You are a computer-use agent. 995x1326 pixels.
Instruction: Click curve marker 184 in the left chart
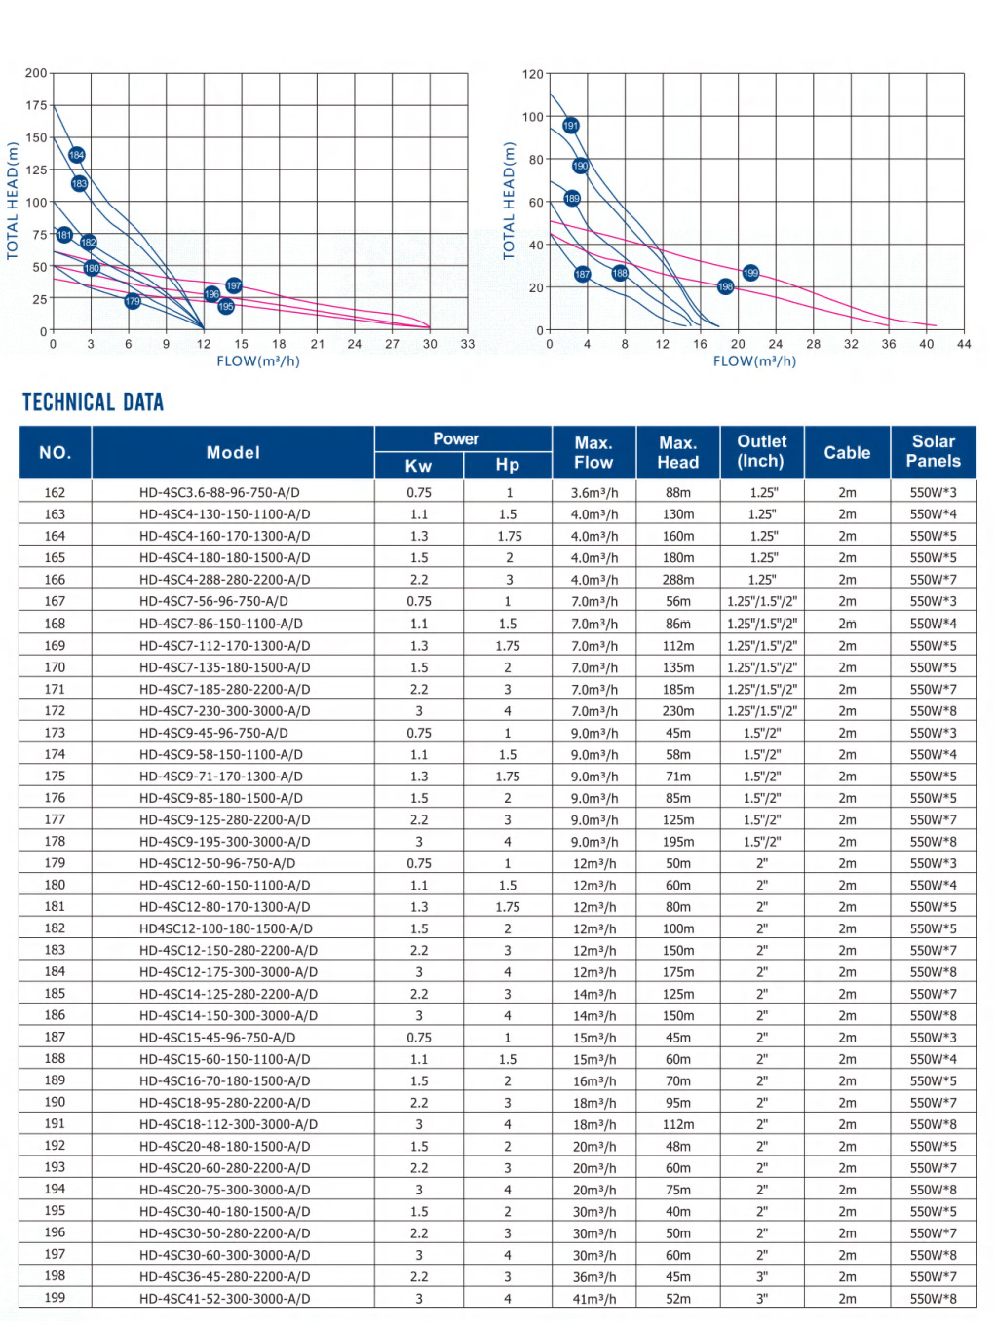[77, 155]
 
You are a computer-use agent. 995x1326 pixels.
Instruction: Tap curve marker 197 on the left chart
[234, 285]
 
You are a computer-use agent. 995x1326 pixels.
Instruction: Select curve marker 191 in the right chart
[571, 126]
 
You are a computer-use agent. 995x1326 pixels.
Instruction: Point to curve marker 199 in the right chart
[750, 273]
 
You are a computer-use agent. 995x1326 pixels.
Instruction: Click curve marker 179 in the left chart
[133, 301]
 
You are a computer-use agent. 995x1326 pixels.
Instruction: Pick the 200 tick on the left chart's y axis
[36, 73]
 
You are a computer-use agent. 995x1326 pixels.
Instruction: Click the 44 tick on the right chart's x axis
[964, 344]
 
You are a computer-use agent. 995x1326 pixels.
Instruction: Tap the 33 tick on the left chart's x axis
[468, 344]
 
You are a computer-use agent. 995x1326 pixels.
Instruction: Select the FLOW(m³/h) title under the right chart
[754, 361]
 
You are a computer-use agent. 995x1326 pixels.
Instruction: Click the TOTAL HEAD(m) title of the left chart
[13, 201]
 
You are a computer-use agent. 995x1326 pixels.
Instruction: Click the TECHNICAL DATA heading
[94, 402]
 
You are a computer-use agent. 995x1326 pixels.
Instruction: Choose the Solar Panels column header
[933, 452]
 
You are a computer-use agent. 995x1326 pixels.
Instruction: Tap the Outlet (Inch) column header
[762, 452]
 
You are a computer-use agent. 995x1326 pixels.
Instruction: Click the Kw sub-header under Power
[418, 466]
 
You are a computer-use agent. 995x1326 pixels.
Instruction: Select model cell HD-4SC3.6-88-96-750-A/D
[219, 493]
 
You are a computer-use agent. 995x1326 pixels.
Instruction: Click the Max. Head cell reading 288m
[678, 580]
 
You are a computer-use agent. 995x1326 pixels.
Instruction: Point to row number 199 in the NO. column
[55, 1298]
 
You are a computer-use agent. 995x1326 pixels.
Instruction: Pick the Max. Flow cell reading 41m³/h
[594, 1299]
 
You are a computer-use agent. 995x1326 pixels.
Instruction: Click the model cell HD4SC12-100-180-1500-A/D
[226, 928]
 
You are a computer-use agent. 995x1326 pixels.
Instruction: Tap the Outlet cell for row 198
[762, 1276]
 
